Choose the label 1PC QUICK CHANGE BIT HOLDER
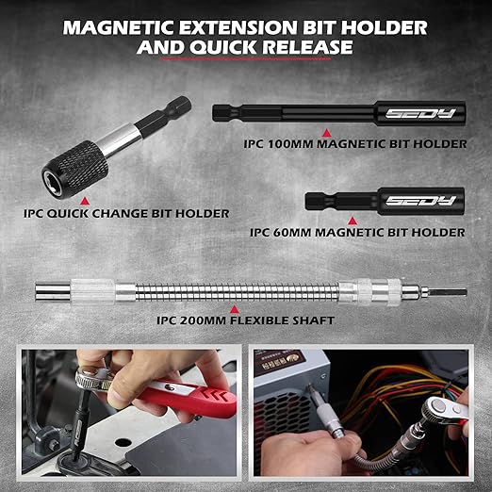(x=117, y=212)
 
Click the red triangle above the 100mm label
(x=325, y=132)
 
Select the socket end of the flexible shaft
(x=49, y=291)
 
